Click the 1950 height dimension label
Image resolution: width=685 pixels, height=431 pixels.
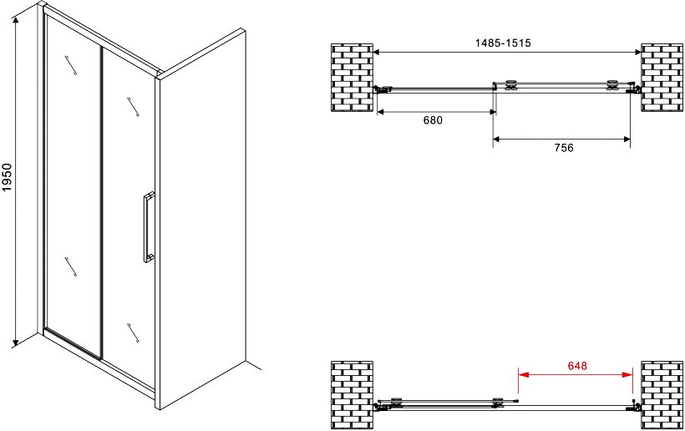click(8, 177)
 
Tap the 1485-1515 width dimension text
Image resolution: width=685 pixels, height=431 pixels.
click(503, 43)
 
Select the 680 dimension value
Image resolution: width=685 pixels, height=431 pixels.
click(433, 120)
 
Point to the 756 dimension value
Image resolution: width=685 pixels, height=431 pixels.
click(564, 148)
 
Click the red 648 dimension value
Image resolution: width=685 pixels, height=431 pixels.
click(577, 366)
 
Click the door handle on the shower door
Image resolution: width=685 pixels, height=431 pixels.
click(149, 227)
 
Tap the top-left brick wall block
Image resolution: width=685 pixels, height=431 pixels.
click(352, 78)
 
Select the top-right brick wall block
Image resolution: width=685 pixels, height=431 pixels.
click(662, 78)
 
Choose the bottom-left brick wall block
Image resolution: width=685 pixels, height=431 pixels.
click(352, 395)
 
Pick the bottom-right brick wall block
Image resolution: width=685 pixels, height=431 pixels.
click(662, 395)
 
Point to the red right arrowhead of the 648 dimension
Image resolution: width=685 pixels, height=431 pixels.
click(627, 374)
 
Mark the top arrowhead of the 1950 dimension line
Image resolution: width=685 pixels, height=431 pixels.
click(16, 21)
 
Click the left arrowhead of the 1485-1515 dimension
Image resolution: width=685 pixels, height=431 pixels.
click(377, 52)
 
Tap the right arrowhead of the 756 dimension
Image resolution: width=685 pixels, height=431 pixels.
click(627, 139)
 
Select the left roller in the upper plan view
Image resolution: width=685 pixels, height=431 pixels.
click(510, 84)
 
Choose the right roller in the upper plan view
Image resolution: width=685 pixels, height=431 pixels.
click(612, 84)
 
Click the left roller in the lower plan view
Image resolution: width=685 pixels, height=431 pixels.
click(397, 401)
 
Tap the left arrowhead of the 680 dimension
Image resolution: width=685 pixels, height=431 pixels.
click(380, 112)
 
